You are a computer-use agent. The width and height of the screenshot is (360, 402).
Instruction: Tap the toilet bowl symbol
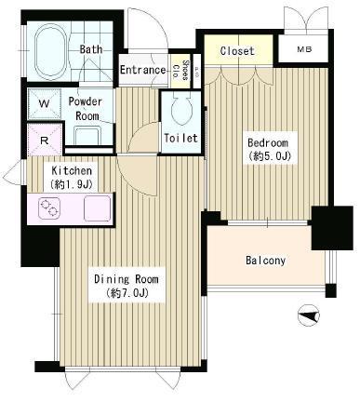pos(181,108)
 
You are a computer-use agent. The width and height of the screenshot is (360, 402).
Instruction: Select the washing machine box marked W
pos(45,103)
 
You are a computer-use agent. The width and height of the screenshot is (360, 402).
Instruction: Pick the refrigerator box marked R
pos(45,140)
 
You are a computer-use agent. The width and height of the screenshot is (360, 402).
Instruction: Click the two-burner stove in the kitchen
pos(48,208)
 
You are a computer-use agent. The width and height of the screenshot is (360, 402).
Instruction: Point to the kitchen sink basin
pos(98,208)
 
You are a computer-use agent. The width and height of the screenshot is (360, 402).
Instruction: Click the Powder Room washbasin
pos(88,135)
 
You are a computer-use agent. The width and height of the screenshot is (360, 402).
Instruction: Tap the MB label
pos(304,49)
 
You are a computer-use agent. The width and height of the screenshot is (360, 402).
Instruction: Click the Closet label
pos(237,51)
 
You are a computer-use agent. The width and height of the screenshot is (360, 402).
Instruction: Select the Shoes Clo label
pos(181,70)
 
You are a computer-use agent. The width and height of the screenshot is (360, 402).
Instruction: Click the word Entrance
pos(143,70)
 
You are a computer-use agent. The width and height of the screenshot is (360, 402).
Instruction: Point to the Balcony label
pos(265,261)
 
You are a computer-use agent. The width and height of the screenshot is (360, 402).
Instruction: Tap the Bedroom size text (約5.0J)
pos(270,156)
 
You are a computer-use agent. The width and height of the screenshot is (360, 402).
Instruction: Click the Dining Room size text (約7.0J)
pos(127,293)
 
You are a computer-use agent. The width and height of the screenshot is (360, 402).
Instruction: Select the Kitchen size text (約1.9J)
pos(72,184)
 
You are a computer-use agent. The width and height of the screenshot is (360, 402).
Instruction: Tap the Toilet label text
pos(181,138)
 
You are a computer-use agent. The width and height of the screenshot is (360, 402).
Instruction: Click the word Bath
pos(91,49)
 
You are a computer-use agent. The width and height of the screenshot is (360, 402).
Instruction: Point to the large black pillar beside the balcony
pos(332,228)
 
